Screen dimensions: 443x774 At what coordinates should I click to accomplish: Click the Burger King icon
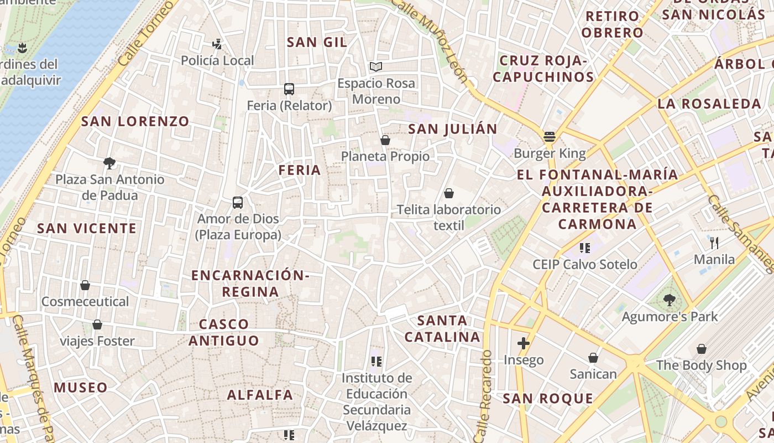coord(549,136)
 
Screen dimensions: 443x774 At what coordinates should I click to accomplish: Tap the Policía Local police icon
coord(217,44)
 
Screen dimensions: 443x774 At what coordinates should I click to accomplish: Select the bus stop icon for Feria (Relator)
coord(289,89)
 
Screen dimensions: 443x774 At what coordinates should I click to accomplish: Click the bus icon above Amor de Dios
coord(238,203)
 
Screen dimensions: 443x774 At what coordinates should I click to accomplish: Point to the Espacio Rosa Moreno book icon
coord(376,67)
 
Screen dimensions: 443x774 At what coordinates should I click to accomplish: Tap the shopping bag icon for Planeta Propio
coord(385,140)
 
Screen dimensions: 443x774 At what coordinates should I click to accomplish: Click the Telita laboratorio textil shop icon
coord(449,193)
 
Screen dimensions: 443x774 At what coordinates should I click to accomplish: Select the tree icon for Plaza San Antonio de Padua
coord(109,163)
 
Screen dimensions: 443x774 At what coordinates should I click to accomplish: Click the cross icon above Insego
coord(524,343)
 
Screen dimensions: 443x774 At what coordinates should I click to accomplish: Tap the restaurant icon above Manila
coord(714,243)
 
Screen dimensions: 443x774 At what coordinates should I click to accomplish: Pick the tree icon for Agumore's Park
coord(670,300)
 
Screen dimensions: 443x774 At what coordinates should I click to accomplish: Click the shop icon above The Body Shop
coord(701,349)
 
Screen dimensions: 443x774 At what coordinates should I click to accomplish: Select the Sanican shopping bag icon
coord(593,358)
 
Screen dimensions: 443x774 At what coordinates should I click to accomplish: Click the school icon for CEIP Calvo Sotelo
coord(585,248)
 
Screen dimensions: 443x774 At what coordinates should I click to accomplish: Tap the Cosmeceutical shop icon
coord(85,285)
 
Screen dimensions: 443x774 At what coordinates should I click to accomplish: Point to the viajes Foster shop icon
coord(97,324)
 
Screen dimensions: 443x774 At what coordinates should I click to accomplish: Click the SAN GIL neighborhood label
coord(317,42)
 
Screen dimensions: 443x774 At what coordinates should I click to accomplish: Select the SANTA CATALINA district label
coord(442,328)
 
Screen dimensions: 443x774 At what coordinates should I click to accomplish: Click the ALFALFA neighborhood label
coord(260,395)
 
